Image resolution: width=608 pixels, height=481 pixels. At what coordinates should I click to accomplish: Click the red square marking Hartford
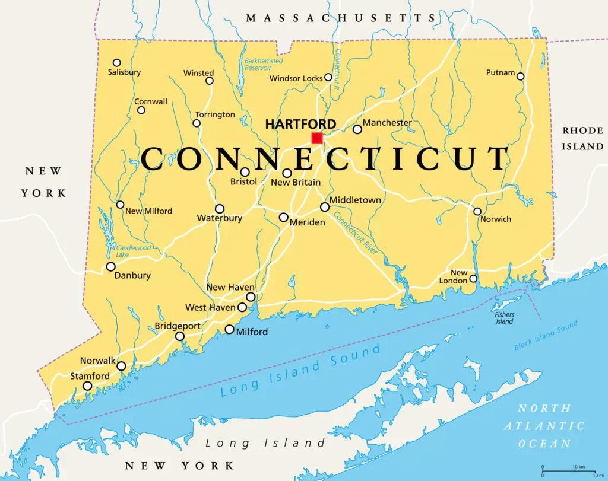click(317, 138)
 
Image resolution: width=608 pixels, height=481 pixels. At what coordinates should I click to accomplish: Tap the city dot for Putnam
click(520, 76)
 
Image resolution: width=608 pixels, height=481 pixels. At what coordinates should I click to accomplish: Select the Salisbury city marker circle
click(117, 63)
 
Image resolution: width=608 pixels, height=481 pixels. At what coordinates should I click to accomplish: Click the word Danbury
click(132, 275)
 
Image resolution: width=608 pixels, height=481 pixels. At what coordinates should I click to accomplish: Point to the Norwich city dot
click(477, 211)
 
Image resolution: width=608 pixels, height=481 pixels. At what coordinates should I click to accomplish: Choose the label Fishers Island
click(505, 318)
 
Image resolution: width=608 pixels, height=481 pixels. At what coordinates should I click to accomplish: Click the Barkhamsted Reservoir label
click(264, 64)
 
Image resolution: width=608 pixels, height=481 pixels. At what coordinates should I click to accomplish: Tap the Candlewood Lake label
click(134, 251)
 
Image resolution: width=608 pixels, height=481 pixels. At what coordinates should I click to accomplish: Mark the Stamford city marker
click(87, 386)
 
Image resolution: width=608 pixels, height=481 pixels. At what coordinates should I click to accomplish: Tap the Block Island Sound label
click(546, 335)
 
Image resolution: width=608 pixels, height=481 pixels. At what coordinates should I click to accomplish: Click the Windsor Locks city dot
click(328, 77)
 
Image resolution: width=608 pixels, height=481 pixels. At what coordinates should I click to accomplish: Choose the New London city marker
click(473, 278)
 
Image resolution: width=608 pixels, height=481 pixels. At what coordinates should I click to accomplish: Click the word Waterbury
click(220, 218)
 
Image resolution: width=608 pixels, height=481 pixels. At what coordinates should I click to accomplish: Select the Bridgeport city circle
click(179, 336)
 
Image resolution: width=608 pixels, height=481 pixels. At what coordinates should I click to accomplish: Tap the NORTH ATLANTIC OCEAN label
click(544, 426)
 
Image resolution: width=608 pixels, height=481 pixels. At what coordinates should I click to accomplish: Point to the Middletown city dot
click(324, 207)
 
